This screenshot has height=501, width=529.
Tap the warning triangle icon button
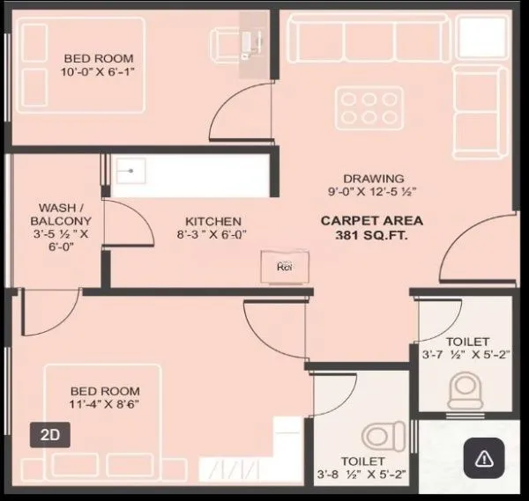pos(484,457)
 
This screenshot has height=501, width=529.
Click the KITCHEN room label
pos(212,221)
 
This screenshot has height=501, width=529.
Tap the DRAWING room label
pos(374,178)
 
